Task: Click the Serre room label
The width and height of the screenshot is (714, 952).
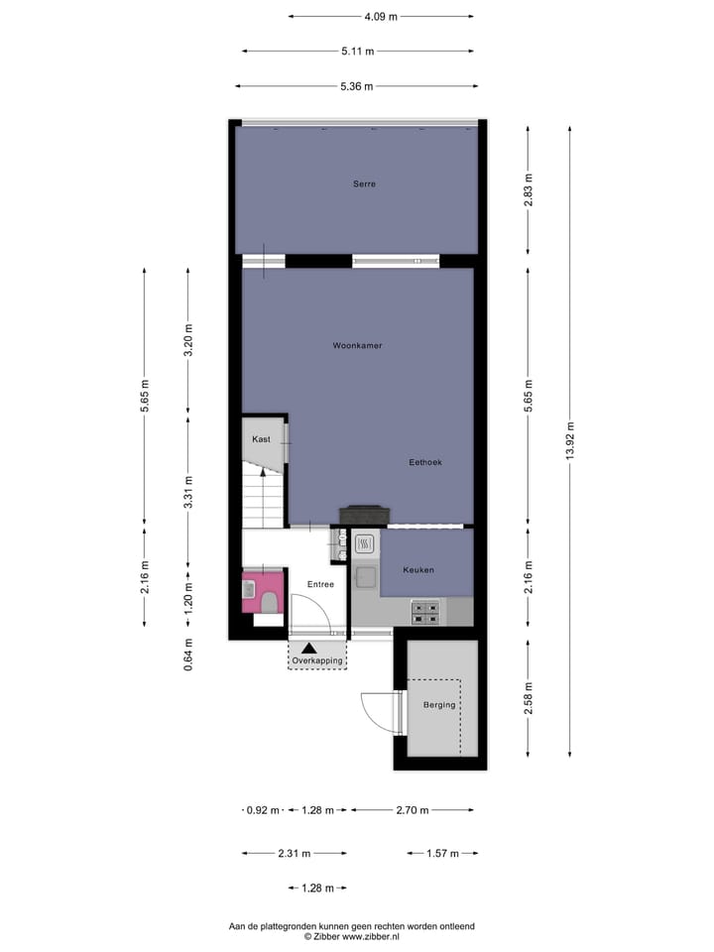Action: (x=364, y=183)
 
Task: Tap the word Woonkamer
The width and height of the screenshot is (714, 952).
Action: (x=357, y=345)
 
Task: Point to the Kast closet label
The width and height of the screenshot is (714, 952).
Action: (x=261, y=438)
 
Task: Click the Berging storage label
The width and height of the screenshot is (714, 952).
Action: (x=439, y=705)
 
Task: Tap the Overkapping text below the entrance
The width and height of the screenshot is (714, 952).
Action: (x=318, y=659)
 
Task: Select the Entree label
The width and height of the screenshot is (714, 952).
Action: (x=319, y=584)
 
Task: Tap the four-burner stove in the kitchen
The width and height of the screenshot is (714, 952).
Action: (x=425, y=614)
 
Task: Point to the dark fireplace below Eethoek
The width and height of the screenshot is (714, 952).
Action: (x=364, y=514)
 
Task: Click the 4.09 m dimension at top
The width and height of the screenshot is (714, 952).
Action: (x=380, y=16)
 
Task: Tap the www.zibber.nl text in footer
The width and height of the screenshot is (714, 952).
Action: (x=371, y=935)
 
